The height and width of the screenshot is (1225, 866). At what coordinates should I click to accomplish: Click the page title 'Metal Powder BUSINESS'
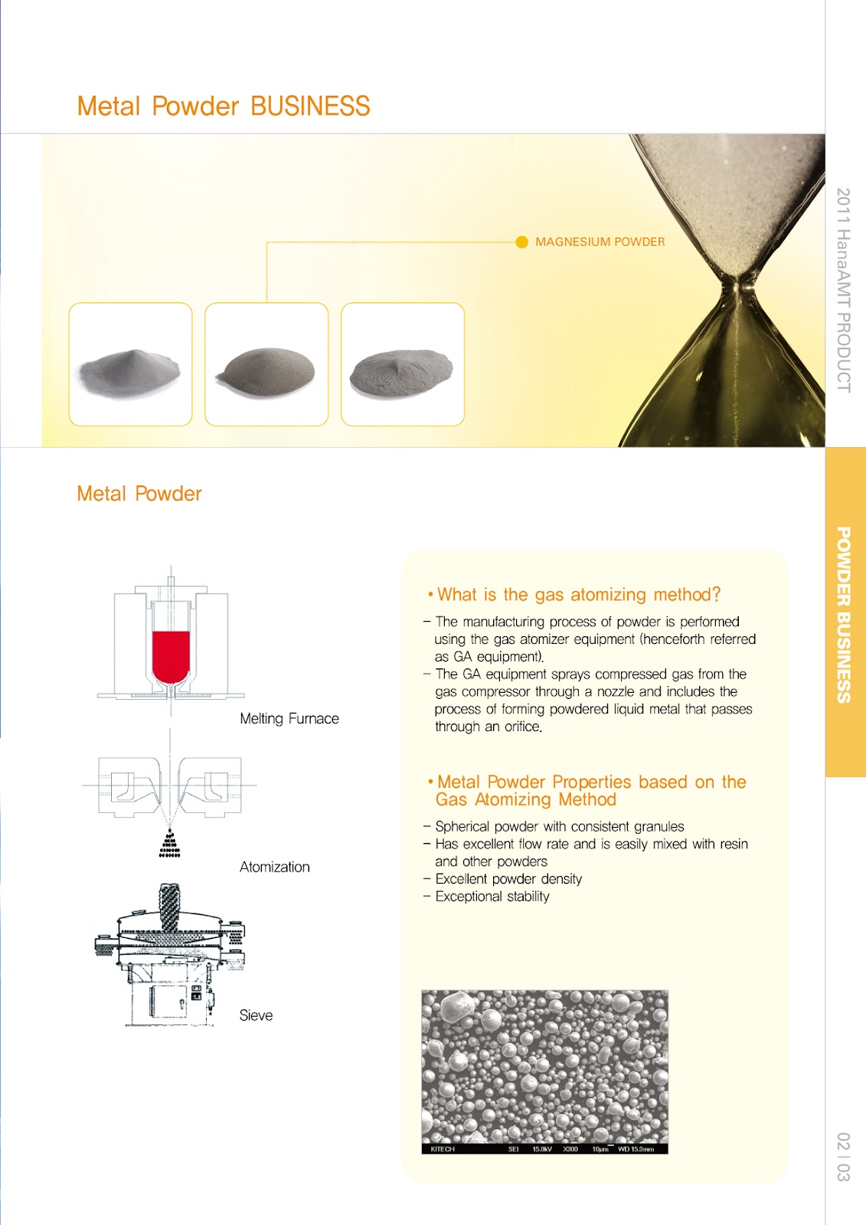(x=224, y=106)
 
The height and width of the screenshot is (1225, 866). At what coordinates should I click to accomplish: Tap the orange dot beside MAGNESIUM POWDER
(x=522, y=242)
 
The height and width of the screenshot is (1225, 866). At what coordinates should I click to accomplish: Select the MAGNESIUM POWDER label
(x=600, y=242)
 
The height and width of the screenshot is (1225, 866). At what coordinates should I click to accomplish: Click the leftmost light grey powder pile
(x=130, y=371)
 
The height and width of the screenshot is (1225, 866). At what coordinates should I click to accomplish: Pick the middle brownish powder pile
(x=266, y=371)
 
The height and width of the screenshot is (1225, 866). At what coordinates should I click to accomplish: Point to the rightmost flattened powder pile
(x=402, y=372)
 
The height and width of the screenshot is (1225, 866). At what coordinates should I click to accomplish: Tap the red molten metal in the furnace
(x=171, y=655)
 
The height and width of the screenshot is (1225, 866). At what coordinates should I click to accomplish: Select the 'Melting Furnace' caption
(x=289, y=718)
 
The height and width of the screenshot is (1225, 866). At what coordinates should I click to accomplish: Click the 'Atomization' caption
(x=274, y=867)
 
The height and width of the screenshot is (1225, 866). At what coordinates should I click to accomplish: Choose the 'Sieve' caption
(x=256, y=1015)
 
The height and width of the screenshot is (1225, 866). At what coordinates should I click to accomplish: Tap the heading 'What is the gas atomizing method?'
(x=578, y=595)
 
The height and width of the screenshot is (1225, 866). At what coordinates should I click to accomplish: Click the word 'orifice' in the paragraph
(x=522, y=727)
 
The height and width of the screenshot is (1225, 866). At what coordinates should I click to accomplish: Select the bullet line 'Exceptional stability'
(x=492, y=897)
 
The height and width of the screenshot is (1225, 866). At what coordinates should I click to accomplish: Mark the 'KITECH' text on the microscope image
(x=443, y=1149)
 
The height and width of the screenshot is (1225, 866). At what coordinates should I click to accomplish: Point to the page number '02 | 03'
(x=843, y=1156)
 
